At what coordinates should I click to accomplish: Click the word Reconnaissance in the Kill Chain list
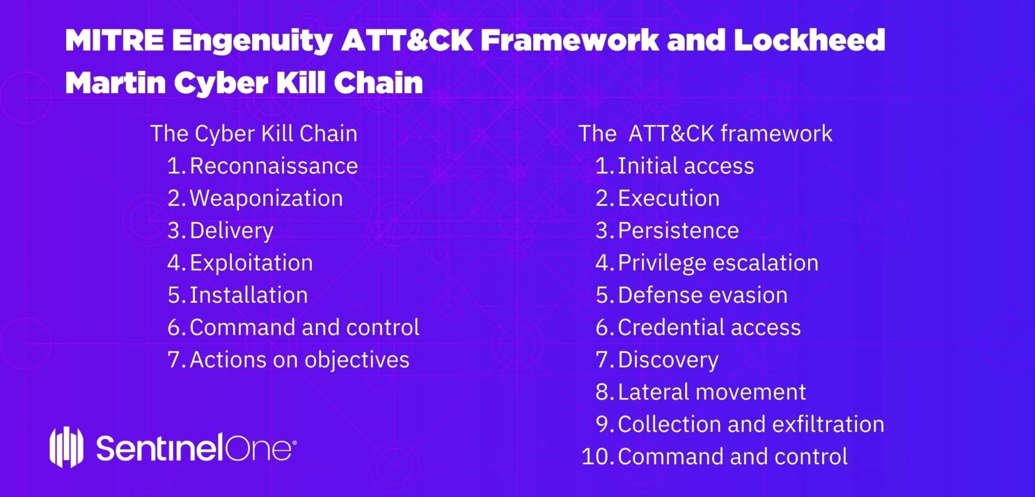pyautogui.click(x=273, y=166)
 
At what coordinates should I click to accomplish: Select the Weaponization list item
pyautogui.click(x=266, y=198)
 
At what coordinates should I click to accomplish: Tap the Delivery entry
pyautogui.click(x=231, y=231)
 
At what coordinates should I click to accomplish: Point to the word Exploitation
pyautogui.click(x=251, y=263)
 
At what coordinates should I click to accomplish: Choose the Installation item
pyautogui.click(x=249, y=295)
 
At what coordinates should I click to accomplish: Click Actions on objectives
pyautogui.click(x=299, y=360)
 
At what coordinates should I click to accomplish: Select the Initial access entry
pyautogui.click(x=685, y=166)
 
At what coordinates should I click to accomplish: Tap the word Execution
pyautogui.click(x=668, y=198)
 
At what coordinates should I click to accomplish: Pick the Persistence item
pyautogui.click(x=678, y=231)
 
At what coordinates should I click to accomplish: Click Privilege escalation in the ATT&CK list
pyautogui.click(x=718, y=263)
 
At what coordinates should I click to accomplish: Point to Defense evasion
pyautogui.click(x=702, y=295)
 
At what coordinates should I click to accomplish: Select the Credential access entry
pyautogui.click(x=709, y=328)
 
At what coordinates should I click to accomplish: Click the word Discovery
pyautogui.click(x=668, y=360)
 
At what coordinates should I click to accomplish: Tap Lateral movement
pyautogui.click(x=712, y=392)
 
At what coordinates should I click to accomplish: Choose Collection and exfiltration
pyautogui.click(x=750, y=424)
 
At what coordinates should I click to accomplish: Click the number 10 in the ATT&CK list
pyautogui.click(x=596, y=457)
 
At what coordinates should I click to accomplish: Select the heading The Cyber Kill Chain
pyautogui.click(x=254, y=134)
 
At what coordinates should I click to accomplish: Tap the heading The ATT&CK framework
pyautogui.click(x=705, y=134)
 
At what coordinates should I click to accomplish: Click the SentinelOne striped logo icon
pyautogui.click(x=66, y=447)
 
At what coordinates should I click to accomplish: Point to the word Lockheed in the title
pyautogui.click(x=809, y=40)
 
